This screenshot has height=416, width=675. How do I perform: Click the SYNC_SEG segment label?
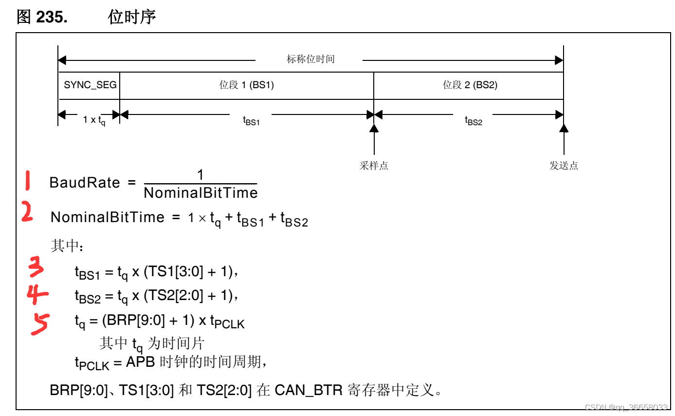click(x=90, y=85)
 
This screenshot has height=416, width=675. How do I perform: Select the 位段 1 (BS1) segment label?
click(x=246, y=85)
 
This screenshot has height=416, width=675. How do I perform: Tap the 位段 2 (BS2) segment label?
click(x=470, y=85)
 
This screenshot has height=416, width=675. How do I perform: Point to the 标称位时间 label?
click(x=310, y=59)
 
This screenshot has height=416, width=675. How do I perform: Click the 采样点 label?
click(x=374, y=166)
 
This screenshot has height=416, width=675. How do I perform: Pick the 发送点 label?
click(x=564, y=166)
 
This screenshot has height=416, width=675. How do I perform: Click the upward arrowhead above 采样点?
click(x=374, y=128)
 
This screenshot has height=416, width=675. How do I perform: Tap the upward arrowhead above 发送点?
click(x=564, y=128)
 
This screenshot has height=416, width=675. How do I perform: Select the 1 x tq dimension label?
click(x=94, y=120)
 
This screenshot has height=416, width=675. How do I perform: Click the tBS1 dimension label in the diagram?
click(x=251, y=120)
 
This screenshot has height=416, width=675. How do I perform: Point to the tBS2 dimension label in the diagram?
click(x=473, y=120)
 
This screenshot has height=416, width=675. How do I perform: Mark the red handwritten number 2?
click(x=27, y=212)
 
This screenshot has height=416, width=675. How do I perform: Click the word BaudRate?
click(x=85, y=183)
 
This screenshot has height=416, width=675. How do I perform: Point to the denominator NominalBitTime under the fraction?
click(x=201, y=193)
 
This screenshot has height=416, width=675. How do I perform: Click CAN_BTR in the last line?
click(x=309, y=390)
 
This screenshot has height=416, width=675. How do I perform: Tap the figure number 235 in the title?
click(x=52, y=17)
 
